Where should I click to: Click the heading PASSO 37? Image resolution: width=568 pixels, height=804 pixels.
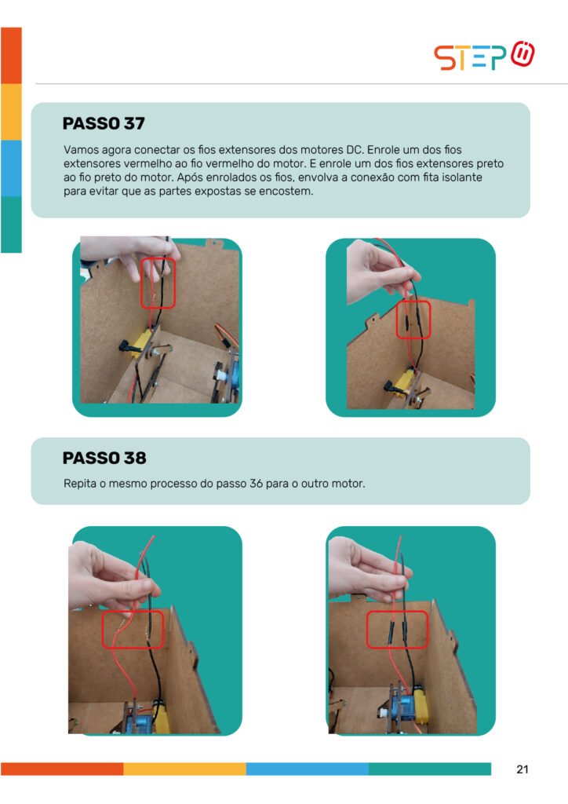tap(104, 123)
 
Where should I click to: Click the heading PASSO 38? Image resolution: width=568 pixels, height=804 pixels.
tap(104, 458)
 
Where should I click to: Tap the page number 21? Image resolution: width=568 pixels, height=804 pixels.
tap(522, 769)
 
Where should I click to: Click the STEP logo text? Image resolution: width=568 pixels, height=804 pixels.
tap(470, 57)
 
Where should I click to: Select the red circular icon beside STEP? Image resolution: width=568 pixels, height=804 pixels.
tap(522, 54)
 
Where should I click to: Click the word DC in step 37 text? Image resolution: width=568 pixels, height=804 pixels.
tap(355, 150)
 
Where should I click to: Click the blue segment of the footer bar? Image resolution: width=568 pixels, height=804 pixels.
tap(308, 769)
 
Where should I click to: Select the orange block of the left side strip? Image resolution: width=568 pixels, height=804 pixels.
tap(11, 56)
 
